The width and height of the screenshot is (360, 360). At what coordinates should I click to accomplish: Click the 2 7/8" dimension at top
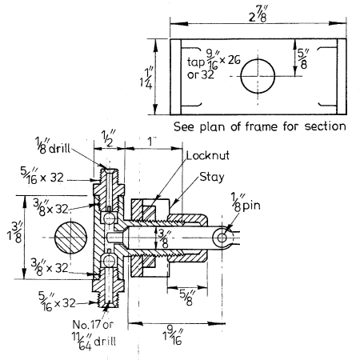258,14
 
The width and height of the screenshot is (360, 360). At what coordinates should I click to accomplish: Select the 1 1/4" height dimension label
146,78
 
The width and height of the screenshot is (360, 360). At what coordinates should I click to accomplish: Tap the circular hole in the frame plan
258,76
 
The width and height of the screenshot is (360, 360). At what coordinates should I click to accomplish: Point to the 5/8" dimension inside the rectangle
303,59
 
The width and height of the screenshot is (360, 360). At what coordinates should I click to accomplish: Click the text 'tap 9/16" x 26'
214,62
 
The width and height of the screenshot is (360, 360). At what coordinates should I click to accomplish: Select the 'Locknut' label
208,155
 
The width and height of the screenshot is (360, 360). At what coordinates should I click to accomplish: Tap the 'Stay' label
212,177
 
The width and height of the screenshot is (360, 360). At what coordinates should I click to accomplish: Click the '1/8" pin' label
246,202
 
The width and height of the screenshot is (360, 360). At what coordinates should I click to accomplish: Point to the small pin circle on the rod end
222,238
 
